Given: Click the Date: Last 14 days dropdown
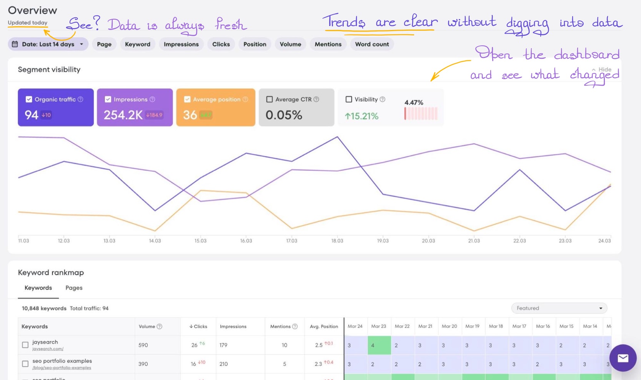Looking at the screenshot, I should click(48, 44).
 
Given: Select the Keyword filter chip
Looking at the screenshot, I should click(137, 44).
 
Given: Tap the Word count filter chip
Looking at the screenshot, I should click(372, 44).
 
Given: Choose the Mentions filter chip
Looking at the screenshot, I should click(328, 44).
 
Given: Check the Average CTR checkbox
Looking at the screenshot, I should click(270, 99).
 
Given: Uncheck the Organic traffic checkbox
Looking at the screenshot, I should click(29, 99).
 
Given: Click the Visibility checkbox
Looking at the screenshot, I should click(349, 99).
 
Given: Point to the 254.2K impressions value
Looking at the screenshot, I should click(123, 115).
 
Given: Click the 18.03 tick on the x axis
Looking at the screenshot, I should click(337, 241).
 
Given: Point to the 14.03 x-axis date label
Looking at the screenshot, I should click(155, 241).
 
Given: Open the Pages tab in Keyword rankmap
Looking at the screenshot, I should click(74, 288).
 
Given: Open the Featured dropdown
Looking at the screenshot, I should click(559, 308).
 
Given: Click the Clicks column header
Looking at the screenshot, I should click(198, 327).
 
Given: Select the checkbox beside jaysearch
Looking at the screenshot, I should click(25, 345).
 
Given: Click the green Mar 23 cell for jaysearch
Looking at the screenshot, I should click(379, 345).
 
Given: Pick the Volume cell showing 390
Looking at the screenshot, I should click(143, 364).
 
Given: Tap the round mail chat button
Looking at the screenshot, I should click(623, 358).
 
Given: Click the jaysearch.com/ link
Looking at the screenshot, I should click(48, 349).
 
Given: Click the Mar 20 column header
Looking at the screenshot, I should click(449, 326).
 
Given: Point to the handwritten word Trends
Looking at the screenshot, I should click(344, 22).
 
